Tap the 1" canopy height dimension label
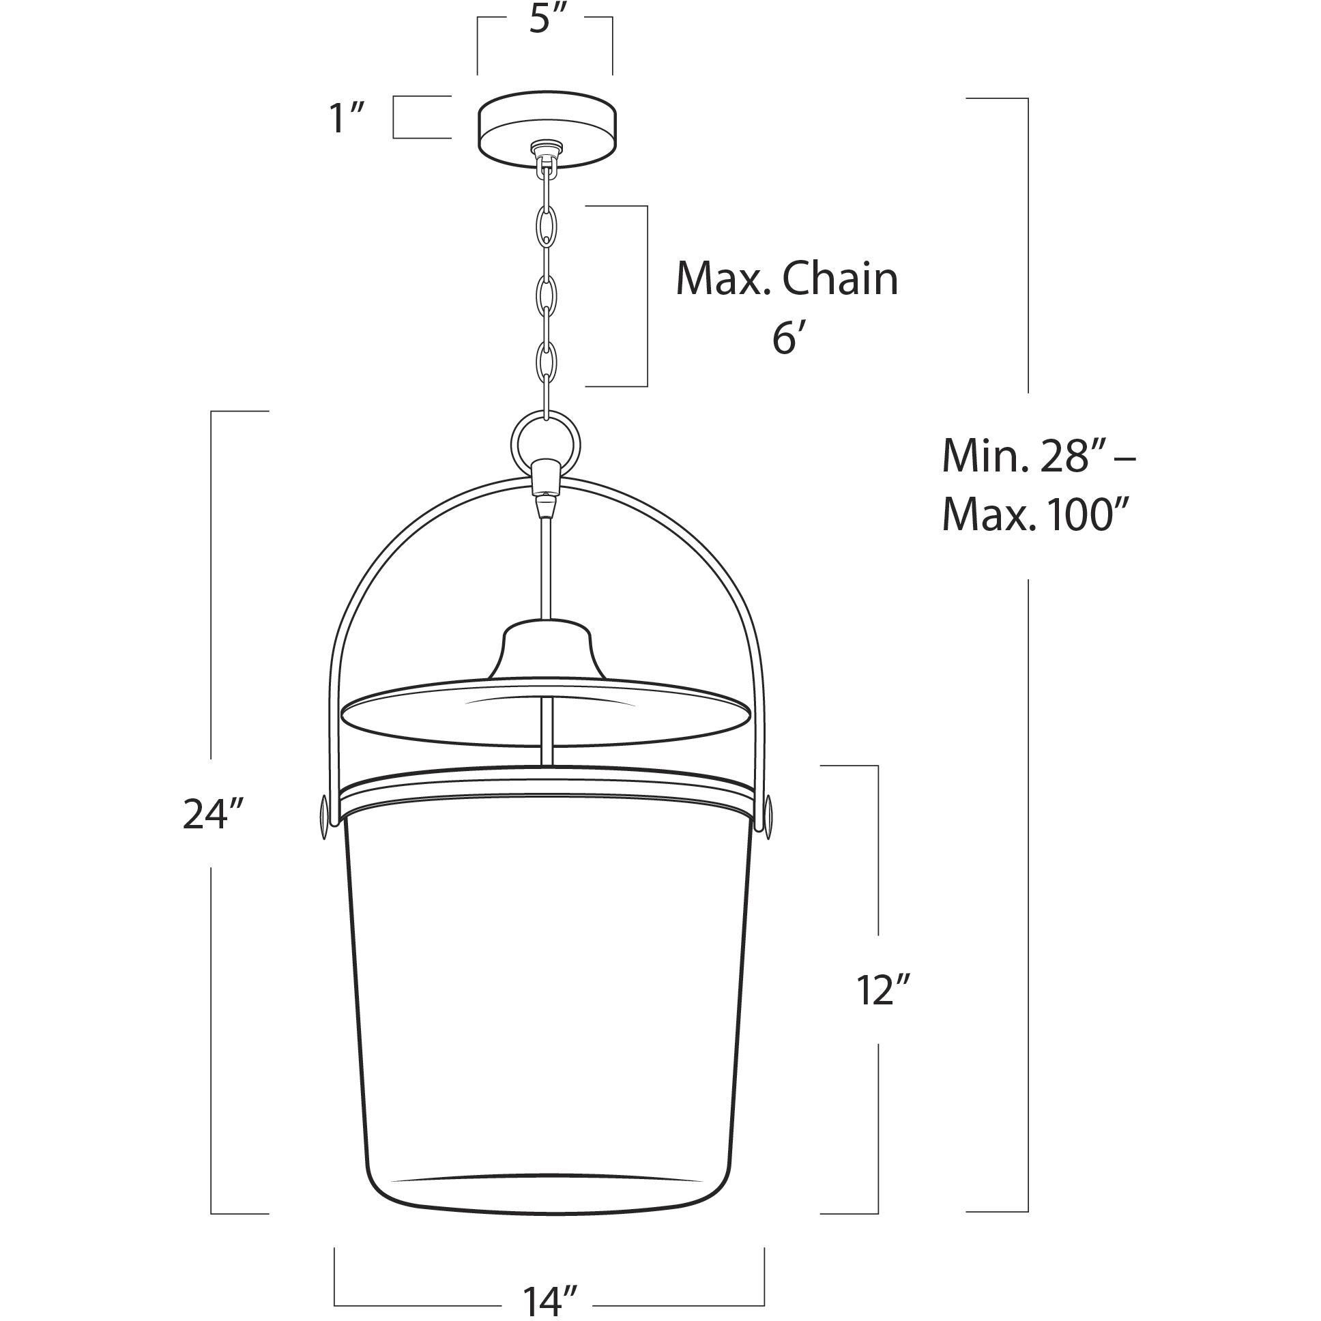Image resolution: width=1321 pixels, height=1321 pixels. pyautogui.click(x=347, y=117)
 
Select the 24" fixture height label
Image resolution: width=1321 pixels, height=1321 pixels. pyautogui.click(x=214, y=814)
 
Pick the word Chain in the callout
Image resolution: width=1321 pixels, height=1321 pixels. pyautogui.click(x=841, y=279)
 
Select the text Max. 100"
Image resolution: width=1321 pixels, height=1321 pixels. pyautogui.click(x=1034, y=516)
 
